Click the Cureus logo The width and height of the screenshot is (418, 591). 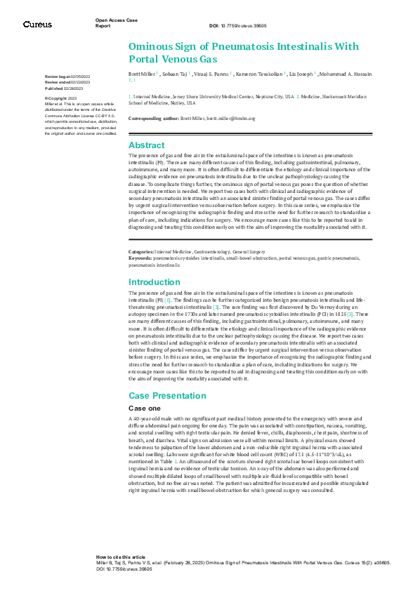tap(37, 25)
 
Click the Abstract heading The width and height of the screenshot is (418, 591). tap(146, 145)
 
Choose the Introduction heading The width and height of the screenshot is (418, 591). tap(155, 281)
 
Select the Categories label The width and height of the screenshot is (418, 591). tap(141, 251)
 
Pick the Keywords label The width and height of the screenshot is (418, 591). tap(141, 258)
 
